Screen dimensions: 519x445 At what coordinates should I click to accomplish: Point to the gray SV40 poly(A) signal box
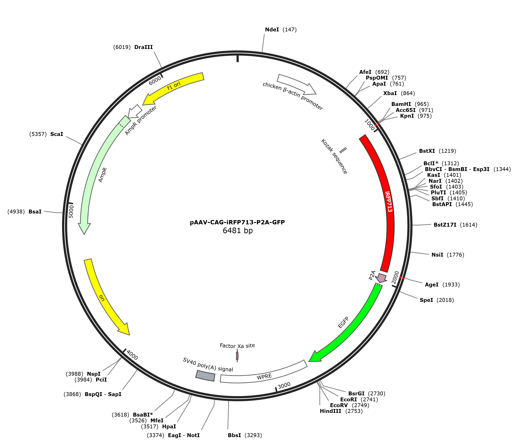point(205,376)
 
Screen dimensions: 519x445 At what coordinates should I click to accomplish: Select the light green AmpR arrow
point(100,173)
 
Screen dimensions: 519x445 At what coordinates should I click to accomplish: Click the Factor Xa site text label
point(237,346)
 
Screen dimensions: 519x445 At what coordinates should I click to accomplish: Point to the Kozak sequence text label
point(334,156)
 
